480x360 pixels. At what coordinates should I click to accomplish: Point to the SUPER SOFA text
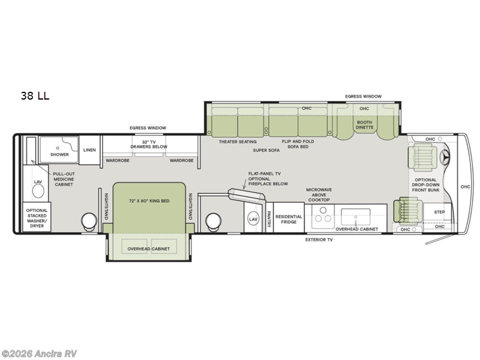coord(266,151)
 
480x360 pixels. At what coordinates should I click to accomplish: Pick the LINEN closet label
coord(89,151)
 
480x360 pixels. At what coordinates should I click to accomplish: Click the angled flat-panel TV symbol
coord(240,196)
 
